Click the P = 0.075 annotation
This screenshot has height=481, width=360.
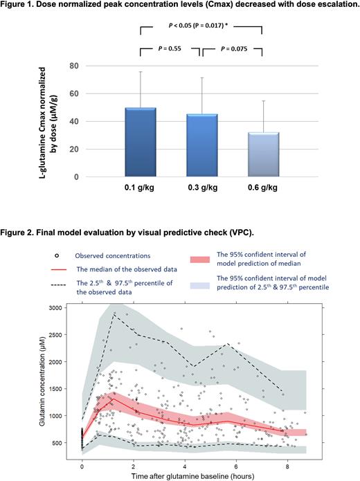(x=232, y=50)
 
